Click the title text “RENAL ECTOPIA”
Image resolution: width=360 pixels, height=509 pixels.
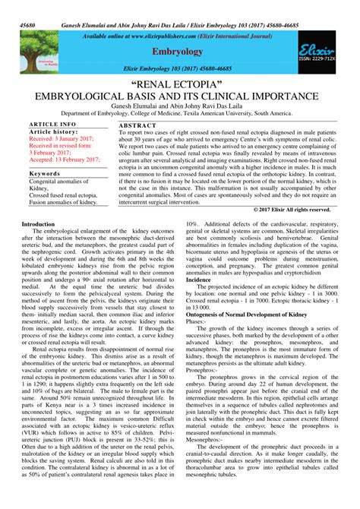[x=179, y=83]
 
